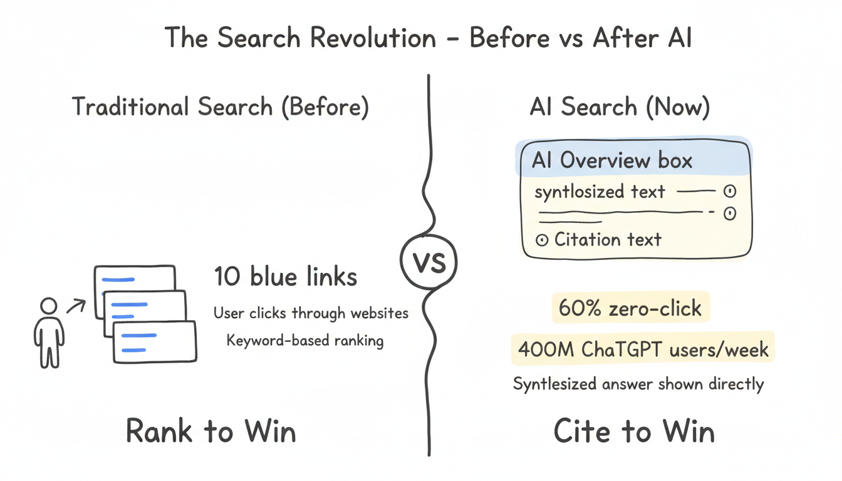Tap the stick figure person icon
(x=48, y=332)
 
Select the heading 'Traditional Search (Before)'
(x=220, y=107)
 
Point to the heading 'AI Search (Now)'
(x=619, y=107)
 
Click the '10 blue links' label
(x=285, y=276)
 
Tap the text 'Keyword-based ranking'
(x=305, y=341)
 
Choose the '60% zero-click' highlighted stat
(x=630, y=308)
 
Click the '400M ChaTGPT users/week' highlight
(x=643, y=348)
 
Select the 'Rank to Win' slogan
(x=211, y=432)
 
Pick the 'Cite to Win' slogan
(x=634, y=432)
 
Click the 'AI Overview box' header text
(x=611, y=160)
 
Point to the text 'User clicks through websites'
(x=311, y=313)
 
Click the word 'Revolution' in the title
(x=374, y=38)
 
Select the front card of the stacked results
(x=154, y=342)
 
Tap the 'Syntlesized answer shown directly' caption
(x=638, y=383)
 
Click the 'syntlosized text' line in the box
(x=600, y=192)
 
